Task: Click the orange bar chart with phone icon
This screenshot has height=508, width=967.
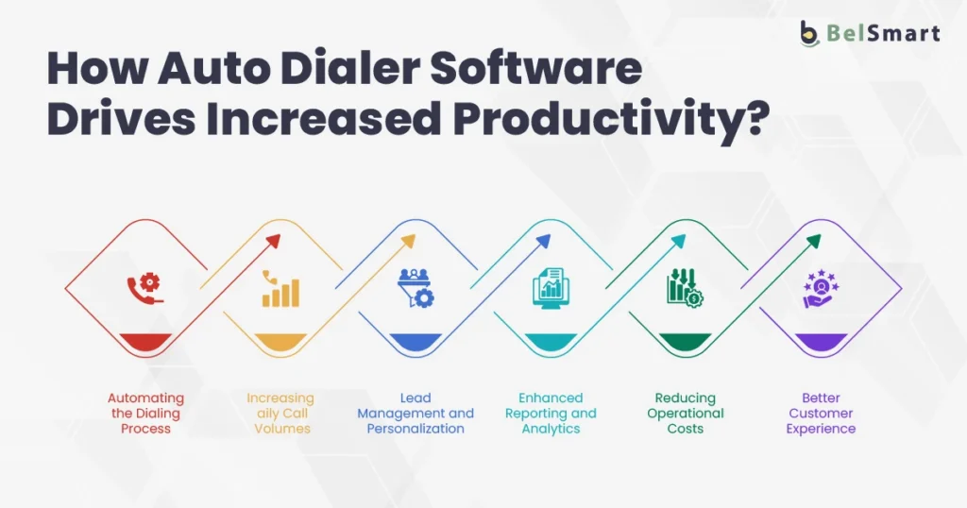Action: [280, 289]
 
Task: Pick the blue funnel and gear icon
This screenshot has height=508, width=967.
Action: [416, 288]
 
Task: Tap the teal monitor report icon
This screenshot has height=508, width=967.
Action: [551, 288]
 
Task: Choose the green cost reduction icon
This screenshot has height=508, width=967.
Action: [686, 288]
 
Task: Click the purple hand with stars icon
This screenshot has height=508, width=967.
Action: [821, 289]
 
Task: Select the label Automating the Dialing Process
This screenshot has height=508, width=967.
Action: [145, 414]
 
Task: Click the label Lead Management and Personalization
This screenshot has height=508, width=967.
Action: [416, 414]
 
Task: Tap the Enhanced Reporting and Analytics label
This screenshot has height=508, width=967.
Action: [551, 414]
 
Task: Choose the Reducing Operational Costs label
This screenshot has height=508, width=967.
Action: [686, 414]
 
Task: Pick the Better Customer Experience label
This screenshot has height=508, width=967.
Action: [821, 414]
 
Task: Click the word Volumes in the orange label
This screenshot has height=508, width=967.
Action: [281, 429]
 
